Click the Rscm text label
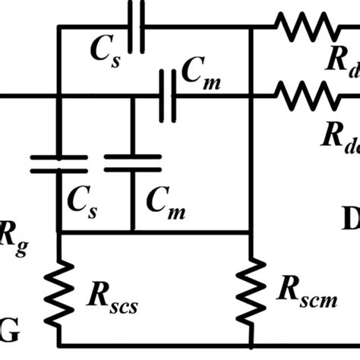pos(306,291)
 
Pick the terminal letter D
pos(351,220)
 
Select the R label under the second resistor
pos(339,134)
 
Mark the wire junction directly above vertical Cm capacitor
pos(132,96)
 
